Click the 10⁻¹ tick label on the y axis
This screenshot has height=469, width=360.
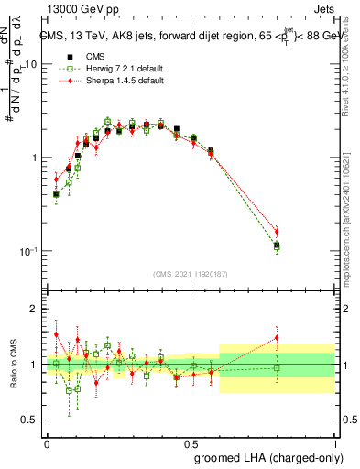pyautogui.click(x=27, y=251)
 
